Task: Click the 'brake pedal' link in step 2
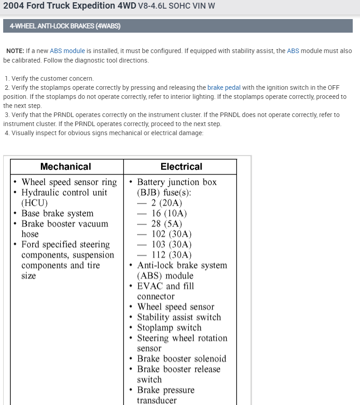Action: (224, 88)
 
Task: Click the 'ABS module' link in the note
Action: (67, 51)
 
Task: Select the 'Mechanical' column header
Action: (66, 166)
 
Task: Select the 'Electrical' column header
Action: (181, 166)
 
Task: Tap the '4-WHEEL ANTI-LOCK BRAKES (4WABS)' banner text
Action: (65, 26)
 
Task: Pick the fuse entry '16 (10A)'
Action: (169, 213)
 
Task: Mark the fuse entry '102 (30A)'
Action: (171, 234)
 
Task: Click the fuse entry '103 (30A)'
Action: (171, 244)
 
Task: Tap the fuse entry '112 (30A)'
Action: (171, 255)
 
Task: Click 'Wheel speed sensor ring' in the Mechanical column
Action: (69, 182)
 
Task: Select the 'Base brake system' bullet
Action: (57, 213)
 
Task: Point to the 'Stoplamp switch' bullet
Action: (169, 327)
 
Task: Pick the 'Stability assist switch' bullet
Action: (179, 317)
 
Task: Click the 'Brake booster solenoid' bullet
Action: (182, 359)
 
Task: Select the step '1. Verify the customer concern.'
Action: (49, 78)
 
